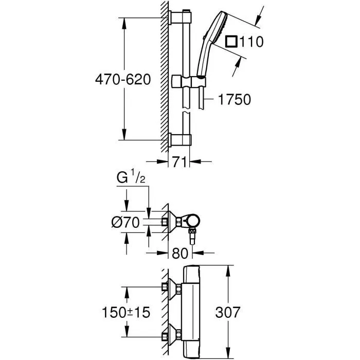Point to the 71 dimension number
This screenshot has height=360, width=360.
point(179,163)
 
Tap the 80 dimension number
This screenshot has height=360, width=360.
point(179,253)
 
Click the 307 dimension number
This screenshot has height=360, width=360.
point(242,312)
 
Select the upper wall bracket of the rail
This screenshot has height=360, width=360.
point(181,19)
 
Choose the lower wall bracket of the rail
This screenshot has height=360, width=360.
point(181,140)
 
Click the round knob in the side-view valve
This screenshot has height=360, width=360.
point(192,222)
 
